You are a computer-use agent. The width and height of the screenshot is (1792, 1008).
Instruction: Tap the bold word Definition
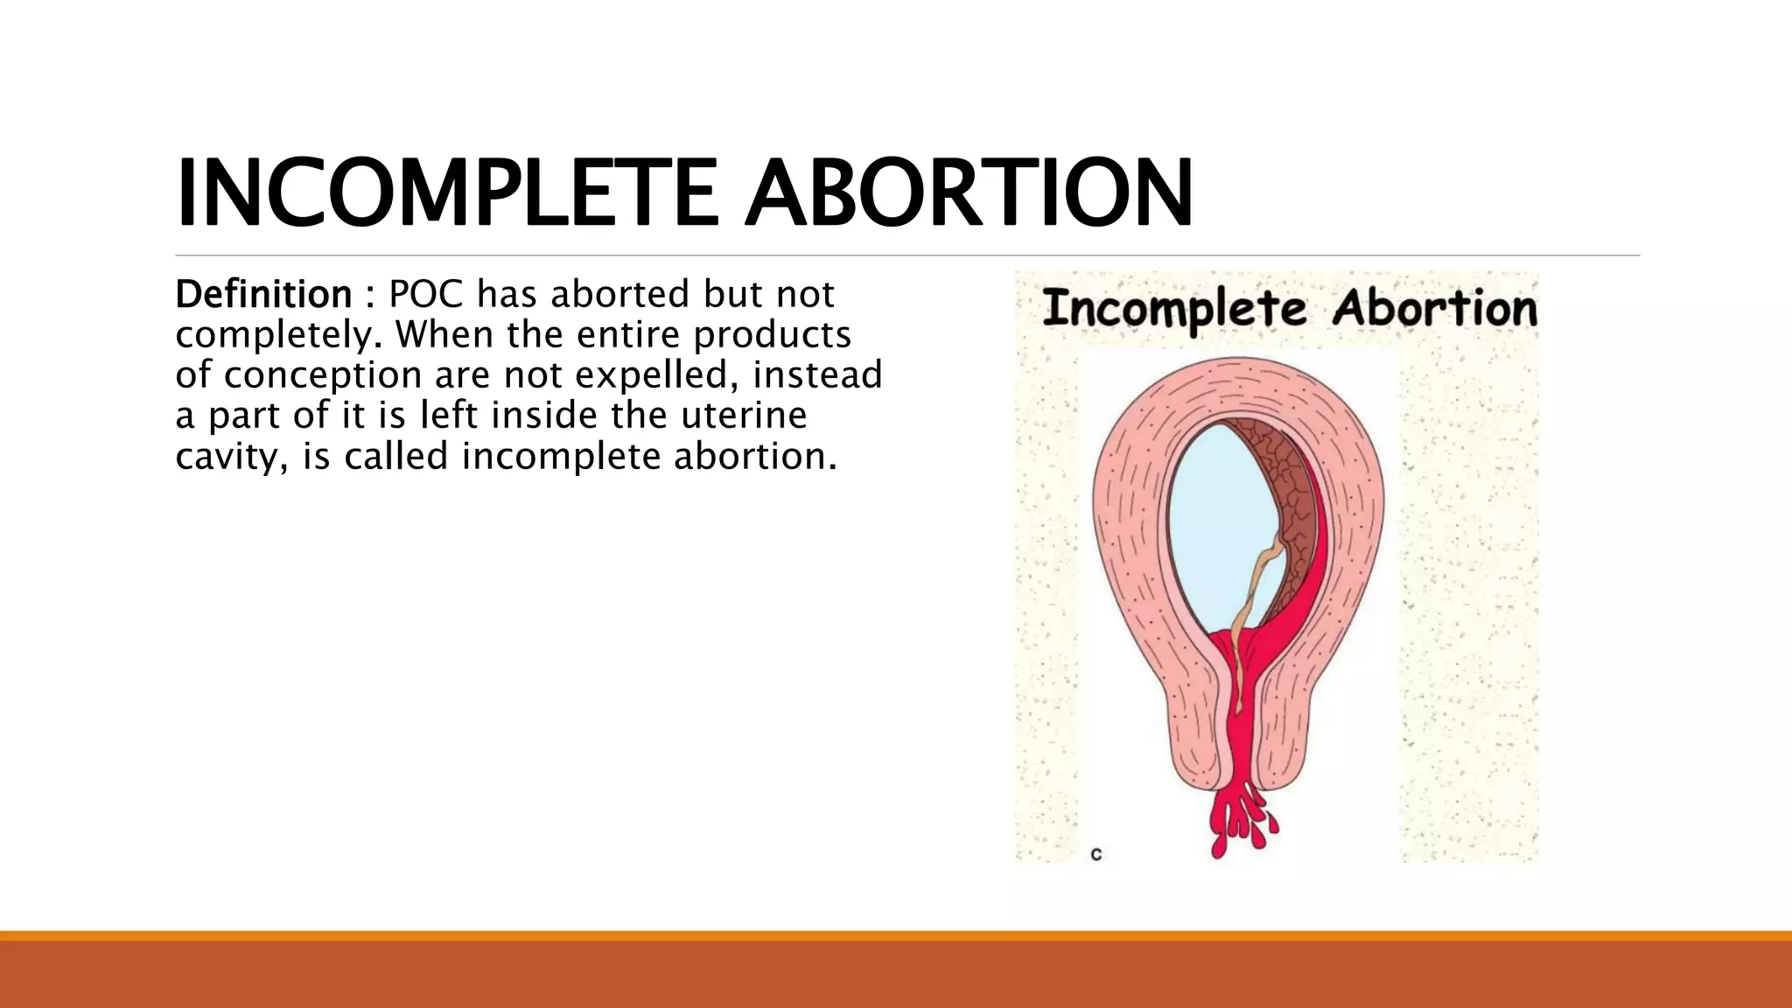(263, 295)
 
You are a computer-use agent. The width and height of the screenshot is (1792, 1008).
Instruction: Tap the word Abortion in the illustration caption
(1435, 309)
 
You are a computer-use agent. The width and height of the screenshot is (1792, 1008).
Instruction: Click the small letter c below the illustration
(1095, 854)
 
